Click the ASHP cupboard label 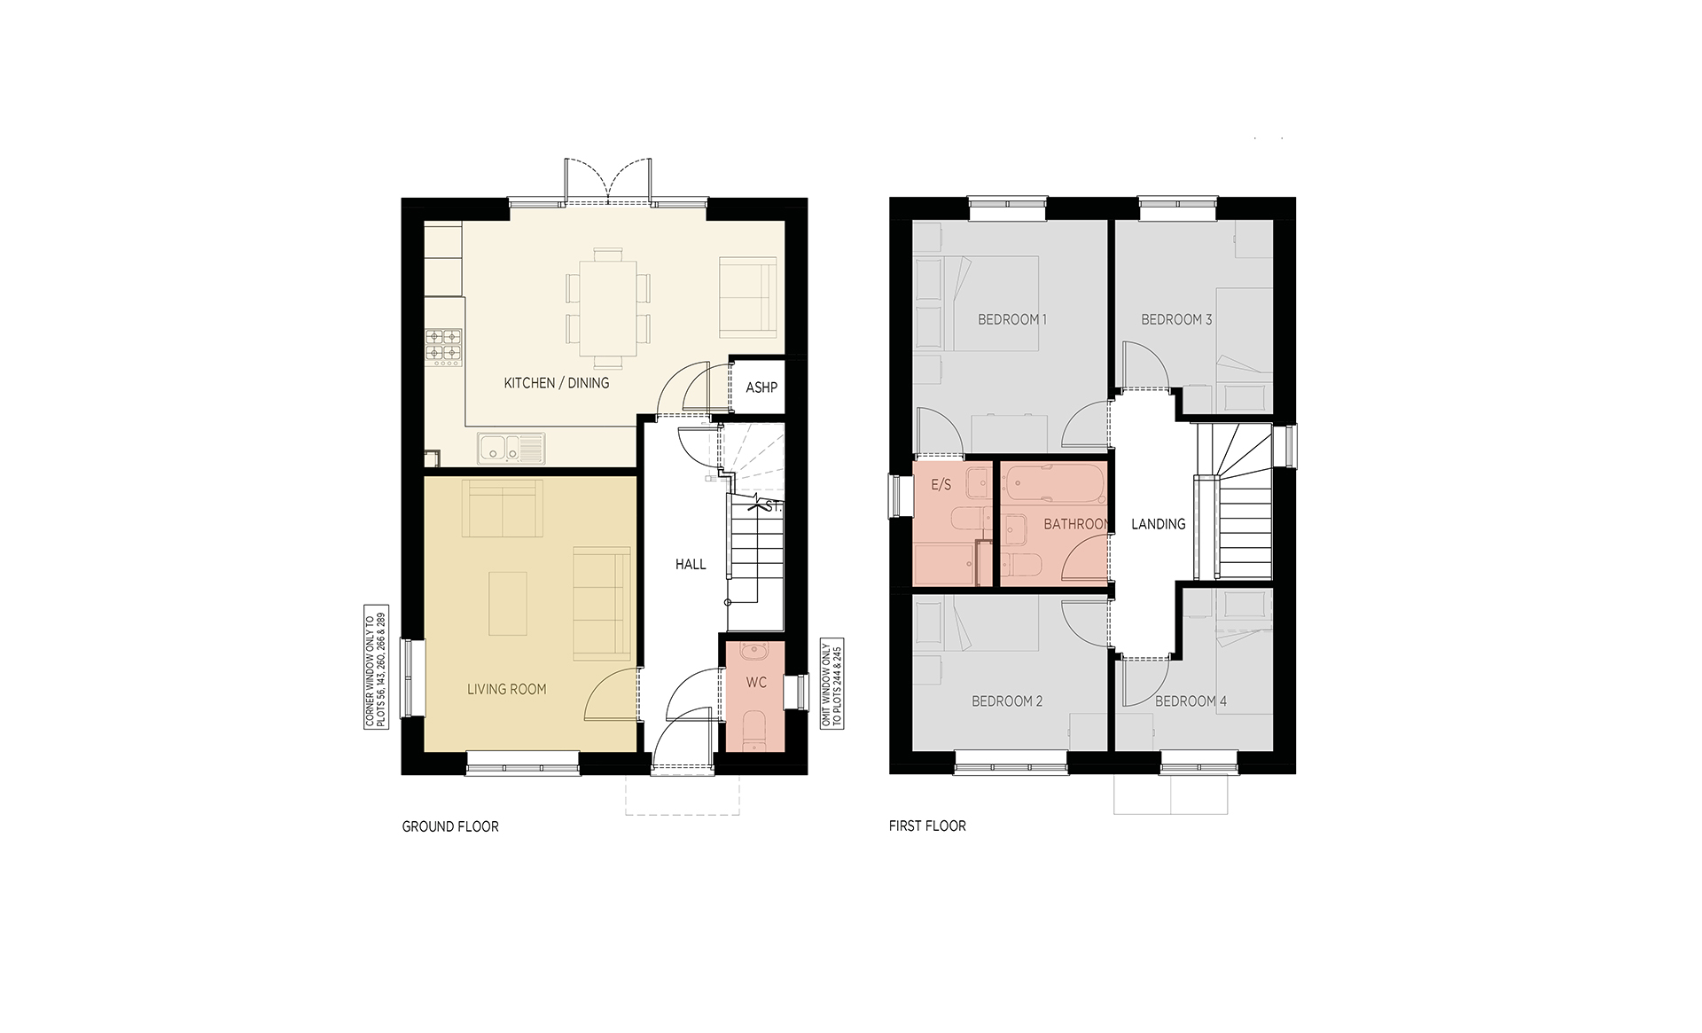coord(761,387)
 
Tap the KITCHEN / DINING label coord(557,383)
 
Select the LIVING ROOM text coord(507,689)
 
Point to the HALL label coord(691,564)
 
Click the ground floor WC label coord(756,683)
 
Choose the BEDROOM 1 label coord(1012,319)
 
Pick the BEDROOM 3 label coord(1176,319)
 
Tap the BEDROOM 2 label coord(1007,701)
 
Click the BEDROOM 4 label coord(1191,701)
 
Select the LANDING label coord(1159,524)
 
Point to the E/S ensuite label coord(941,485)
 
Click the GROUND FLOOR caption coord(450,826)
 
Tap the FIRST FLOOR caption coord(927,826)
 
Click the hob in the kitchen coord(444,345)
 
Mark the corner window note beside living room coord(377,670)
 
